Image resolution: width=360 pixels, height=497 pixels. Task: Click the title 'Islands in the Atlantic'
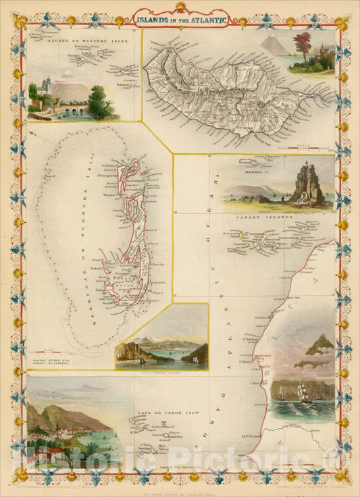click(x=180, y=19)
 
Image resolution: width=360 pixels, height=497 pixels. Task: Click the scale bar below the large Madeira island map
click(x=307, y=146)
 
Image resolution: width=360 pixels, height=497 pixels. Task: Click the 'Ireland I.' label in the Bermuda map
click(x=95, y=268)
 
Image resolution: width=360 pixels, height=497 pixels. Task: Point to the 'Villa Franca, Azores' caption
click(x=161, y=371)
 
